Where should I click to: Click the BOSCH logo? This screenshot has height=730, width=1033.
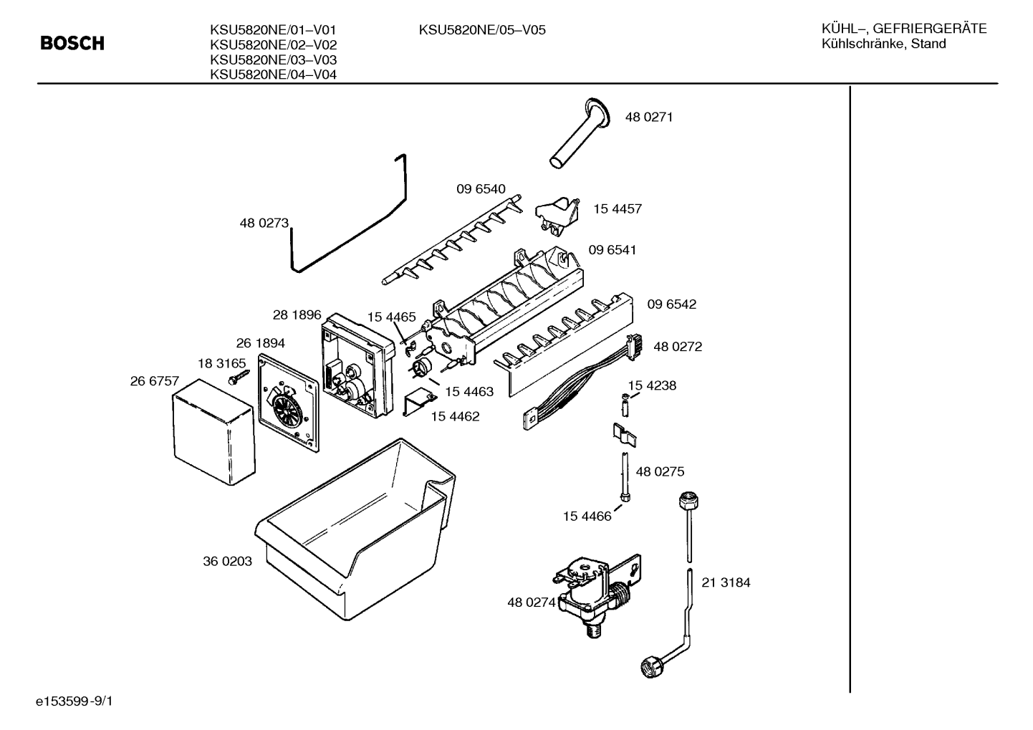tap(72, 44)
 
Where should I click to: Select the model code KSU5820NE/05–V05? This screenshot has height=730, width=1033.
tap(482, 30)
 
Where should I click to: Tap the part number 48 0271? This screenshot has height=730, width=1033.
tap(649, 117)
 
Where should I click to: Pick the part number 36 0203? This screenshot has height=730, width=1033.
tap(227, 561)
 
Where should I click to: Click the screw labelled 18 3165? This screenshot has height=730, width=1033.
tap(239, 377)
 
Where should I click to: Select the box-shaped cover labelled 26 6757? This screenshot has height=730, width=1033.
tap(213, 432)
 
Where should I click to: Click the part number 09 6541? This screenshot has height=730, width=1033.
tap(612, 250)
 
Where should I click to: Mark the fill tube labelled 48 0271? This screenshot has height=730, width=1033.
tap(580, 133)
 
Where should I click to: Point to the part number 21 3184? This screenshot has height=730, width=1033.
tap(726, 582)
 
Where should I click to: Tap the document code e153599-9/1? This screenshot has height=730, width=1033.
tap(75, 701)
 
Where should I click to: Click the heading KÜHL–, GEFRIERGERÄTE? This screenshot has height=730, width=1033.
tap(904, 29)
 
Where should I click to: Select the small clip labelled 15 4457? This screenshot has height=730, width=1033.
tap(557, 213)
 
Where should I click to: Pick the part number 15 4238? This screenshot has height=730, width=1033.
tap(652, 385)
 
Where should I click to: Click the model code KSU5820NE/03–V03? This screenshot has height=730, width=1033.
tap(273, 60)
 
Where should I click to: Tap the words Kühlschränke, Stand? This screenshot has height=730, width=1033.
tap(883, 44)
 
